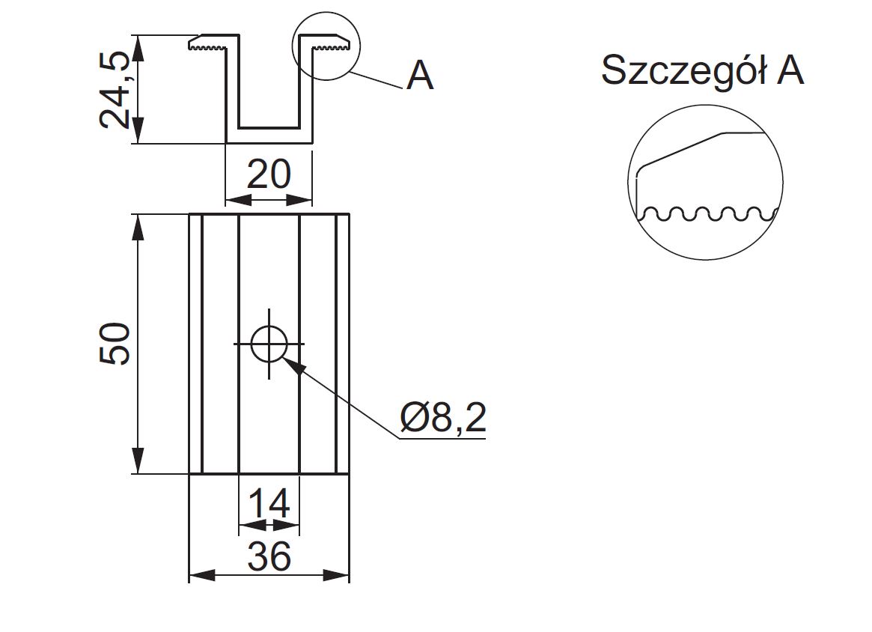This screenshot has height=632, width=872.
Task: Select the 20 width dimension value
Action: coord(269,175)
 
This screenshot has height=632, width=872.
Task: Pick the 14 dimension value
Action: coord(268,504)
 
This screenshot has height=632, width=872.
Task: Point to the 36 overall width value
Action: coord(269,556)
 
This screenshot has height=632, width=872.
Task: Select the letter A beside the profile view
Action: coord(420,76)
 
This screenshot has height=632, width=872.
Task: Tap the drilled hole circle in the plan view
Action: coord(269,344)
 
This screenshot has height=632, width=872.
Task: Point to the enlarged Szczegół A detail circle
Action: coord(705,182)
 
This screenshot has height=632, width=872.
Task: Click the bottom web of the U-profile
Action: coord(269,136)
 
